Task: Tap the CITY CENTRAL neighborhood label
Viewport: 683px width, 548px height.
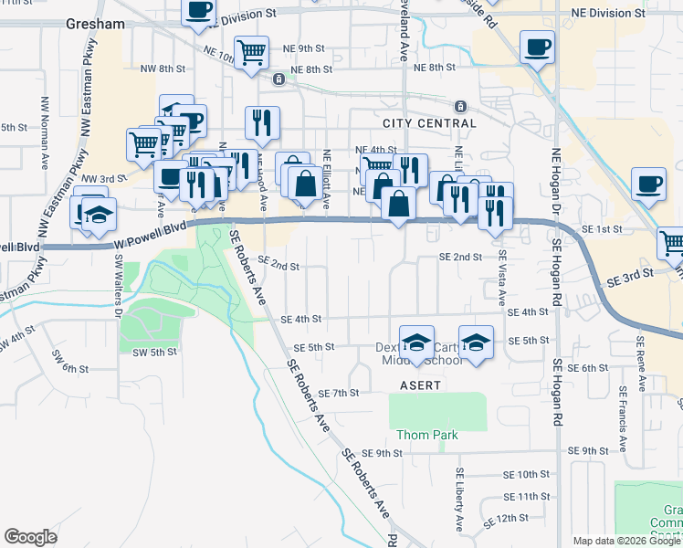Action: tap(429, 123)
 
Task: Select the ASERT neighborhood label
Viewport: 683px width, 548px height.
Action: tap(421, 386)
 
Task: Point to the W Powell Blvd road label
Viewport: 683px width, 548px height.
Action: tap(151, 236)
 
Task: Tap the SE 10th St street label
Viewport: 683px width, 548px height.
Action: tap(529, 475)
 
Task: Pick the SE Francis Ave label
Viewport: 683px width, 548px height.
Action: tap(622, 417)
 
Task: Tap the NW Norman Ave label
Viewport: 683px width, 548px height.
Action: tap(44, 133)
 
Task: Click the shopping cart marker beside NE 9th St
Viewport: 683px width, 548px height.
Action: tap(252, 51)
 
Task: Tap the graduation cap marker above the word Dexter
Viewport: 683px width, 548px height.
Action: tap(416, 342)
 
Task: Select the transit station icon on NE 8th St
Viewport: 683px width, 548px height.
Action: tap(278, 79)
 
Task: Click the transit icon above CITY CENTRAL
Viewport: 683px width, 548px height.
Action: tap(460, 105)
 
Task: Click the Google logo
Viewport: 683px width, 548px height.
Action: tap(31, 537)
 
